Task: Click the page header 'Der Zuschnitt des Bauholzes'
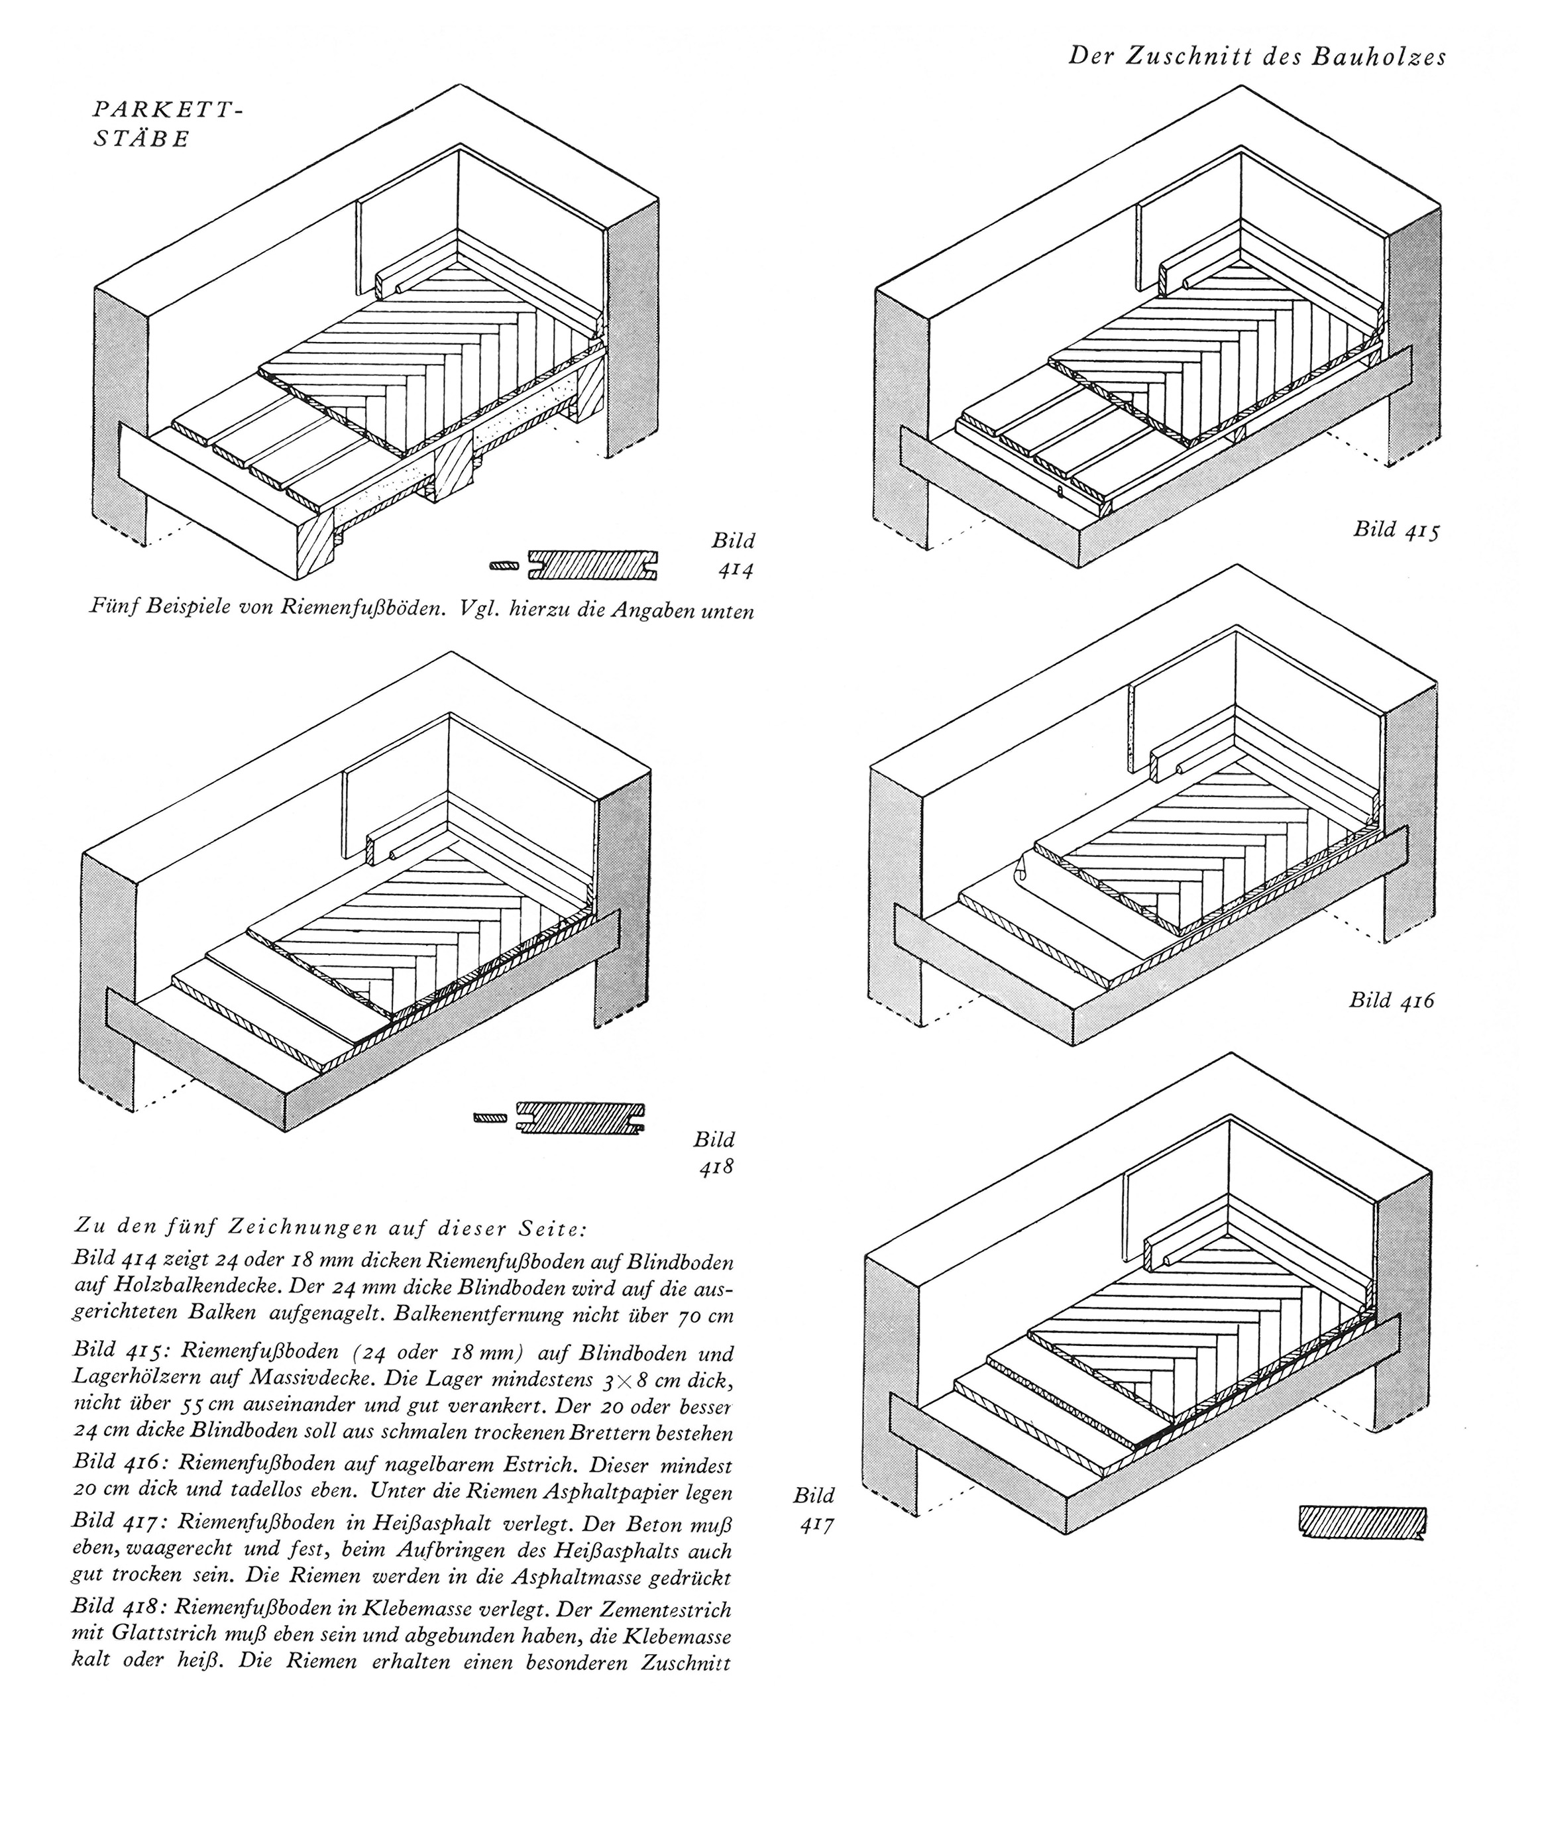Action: click(1257, 56)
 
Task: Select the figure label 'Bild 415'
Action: click(1396, 529)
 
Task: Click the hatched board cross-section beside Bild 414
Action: click(594, 565)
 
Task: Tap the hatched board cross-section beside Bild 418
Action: click(580, 1117)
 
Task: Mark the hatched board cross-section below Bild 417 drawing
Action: click(1361, 1522)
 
